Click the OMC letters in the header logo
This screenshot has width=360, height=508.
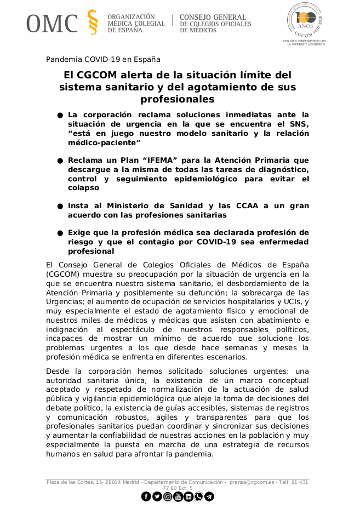tap(53, 23)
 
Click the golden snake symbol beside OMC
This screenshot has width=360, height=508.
tap(93, 23)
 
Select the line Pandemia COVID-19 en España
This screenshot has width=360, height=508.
tap(103, 59)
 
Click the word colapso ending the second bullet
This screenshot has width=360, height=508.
tap(83, 187)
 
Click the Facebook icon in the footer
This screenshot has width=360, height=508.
tap(146, 496)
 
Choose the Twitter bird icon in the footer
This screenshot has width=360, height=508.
tap(157, 496)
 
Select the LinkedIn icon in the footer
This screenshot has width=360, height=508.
tap(188, 496)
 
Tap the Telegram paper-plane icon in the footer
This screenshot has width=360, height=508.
tap(209, 496)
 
